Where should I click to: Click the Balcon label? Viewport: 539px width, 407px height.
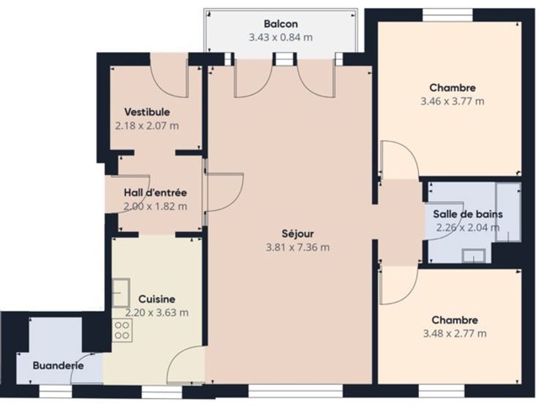280,23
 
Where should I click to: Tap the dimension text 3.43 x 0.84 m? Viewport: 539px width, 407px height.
280,37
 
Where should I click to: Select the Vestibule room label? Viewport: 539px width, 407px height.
146,112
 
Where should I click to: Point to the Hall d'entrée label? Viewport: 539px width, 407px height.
155,193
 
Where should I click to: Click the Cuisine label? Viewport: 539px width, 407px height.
157,299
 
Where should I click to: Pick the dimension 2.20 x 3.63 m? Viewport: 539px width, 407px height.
157,313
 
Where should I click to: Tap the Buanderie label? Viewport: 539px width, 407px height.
59,365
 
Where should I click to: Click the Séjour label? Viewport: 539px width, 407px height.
297,234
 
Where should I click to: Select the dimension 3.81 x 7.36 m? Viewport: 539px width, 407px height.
297,247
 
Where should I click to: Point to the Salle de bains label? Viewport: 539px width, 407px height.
468,214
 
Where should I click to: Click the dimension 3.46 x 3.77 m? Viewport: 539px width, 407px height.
453,101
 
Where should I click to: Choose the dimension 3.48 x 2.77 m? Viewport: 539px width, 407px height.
455,334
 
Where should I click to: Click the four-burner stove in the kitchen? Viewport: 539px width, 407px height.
122,330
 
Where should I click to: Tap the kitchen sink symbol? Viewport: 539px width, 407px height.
121,293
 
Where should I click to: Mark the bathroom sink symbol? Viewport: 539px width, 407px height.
474,256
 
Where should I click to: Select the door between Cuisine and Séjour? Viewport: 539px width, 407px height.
185,365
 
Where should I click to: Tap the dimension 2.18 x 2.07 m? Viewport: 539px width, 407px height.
146,126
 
